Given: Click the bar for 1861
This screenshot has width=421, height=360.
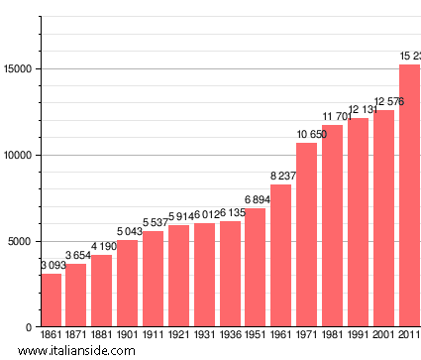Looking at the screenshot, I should click(51, 300).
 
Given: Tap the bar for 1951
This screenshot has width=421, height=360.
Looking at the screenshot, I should click(256, 268).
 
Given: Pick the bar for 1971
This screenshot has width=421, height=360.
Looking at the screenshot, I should click(307, 235).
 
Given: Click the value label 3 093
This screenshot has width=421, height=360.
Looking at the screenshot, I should click(52, 266).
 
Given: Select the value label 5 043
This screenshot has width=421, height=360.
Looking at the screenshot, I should click(128, 232).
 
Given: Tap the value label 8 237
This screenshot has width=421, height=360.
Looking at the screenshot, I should click(281, 177).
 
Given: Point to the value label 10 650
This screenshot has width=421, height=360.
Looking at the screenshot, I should click(307, 135).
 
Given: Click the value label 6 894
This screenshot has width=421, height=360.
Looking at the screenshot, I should click(256, 200).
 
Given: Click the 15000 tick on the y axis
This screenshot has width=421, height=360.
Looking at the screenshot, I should click(19, 69).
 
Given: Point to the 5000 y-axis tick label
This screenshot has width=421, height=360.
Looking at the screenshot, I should click(22, 242).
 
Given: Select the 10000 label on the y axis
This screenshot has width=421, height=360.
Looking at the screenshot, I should click(19, 156).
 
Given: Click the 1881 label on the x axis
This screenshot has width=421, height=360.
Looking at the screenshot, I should click(102, 335).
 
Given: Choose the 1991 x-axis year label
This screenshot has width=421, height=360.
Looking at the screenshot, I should click(358, 335).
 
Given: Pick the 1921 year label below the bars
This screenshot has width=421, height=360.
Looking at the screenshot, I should click(179, 335).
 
